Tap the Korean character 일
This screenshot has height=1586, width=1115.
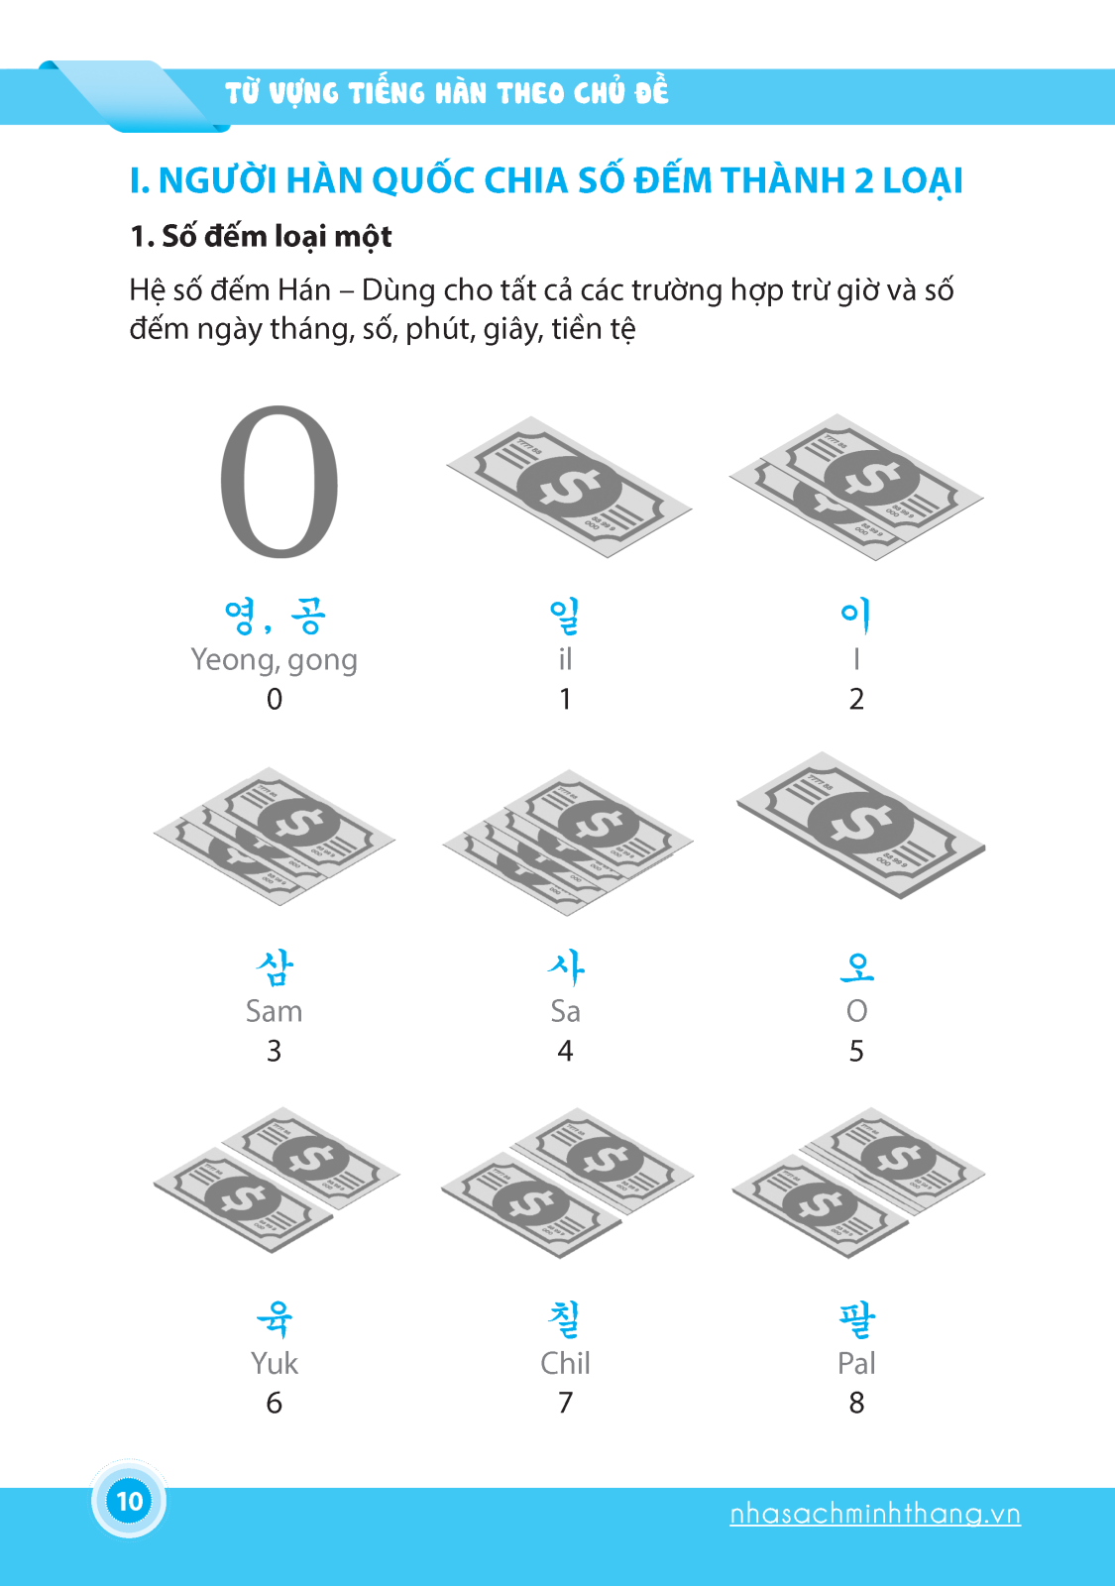point(565,616)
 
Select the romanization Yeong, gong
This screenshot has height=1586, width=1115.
point(274,660)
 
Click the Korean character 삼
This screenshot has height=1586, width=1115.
point(275,967)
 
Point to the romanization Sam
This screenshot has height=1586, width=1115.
point(274,1012)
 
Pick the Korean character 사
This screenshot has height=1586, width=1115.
point(566,967)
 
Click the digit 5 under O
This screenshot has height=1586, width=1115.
point(856,1051)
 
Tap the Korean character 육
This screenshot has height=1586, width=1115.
point(275,1319)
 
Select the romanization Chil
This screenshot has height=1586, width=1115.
point(565,1364)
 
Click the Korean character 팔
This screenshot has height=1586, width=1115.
point(856,1319)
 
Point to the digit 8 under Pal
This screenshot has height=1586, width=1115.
point(856,1403)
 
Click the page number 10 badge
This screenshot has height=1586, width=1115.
point(129,1501)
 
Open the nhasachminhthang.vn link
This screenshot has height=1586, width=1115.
point(874,1514)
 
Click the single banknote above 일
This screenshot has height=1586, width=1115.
point(568,487)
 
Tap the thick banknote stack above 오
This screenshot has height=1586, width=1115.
point(860,824)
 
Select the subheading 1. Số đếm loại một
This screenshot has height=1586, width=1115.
point(261,236)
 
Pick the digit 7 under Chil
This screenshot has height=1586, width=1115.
point(565,1403)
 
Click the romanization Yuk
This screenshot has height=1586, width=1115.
point(274,1364)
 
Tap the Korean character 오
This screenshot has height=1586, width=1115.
point(856,967)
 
